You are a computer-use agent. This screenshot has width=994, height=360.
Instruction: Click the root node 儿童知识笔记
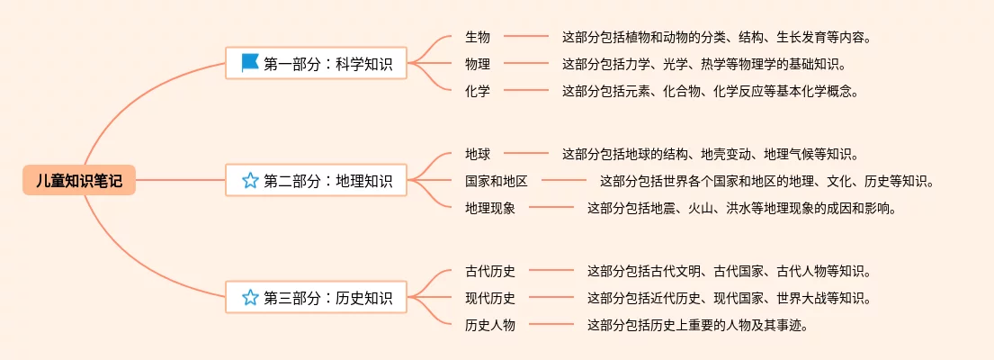[78, 180]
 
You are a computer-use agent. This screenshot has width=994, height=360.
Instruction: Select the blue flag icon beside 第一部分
[250, 63]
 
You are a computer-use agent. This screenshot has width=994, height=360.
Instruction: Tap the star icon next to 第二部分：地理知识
[250, 180]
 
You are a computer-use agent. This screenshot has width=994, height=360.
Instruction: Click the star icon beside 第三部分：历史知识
[250, 297]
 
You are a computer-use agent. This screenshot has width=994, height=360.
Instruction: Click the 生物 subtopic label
[478, 37]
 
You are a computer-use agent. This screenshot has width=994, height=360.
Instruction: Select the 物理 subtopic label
[478, 64]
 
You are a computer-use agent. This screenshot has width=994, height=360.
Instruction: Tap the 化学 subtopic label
[478, 91]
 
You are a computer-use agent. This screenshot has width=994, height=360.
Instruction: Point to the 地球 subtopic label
[478, 154]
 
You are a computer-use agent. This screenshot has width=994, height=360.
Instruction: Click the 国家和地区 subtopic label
[497, 181]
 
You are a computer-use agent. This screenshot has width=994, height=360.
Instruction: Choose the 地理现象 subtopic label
[490, 208]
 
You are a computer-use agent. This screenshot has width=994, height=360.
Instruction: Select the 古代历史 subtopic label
[490, 271]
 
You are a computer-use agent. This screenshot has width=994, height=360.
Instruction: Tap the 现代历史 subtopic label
[490, 298]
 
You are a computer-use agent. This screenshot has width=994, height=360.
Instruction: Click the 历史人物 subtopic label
[490, 325]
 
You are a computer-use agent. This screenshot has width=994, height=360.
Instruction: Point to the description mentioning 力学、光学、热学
[703, 64]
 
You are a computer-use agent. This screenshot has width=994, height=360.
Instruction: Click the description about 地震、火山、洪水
[741, 208]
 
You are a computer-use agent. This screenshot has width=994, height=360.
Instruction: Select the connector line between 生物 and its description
[526, 37]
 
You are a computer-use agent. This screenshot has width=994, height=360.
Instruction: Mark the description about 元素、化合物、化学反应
[710, 91]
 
